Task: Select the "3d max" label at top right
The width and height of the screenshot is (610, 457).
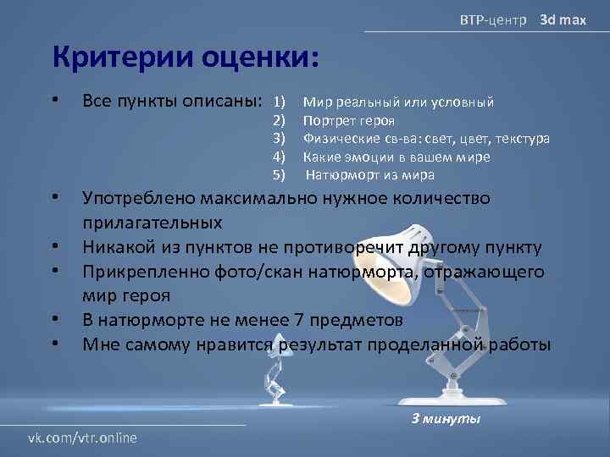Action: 563,19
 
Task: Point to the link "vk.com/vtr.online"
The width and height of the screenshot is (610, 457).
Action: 83,437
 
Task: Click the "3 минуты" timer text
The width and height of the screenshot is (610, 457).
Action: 445,419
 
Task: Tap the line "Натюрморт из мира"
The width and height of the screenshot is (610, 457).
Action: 369,175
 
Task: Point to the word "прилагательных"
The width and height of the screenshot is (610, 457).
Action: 152,223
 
